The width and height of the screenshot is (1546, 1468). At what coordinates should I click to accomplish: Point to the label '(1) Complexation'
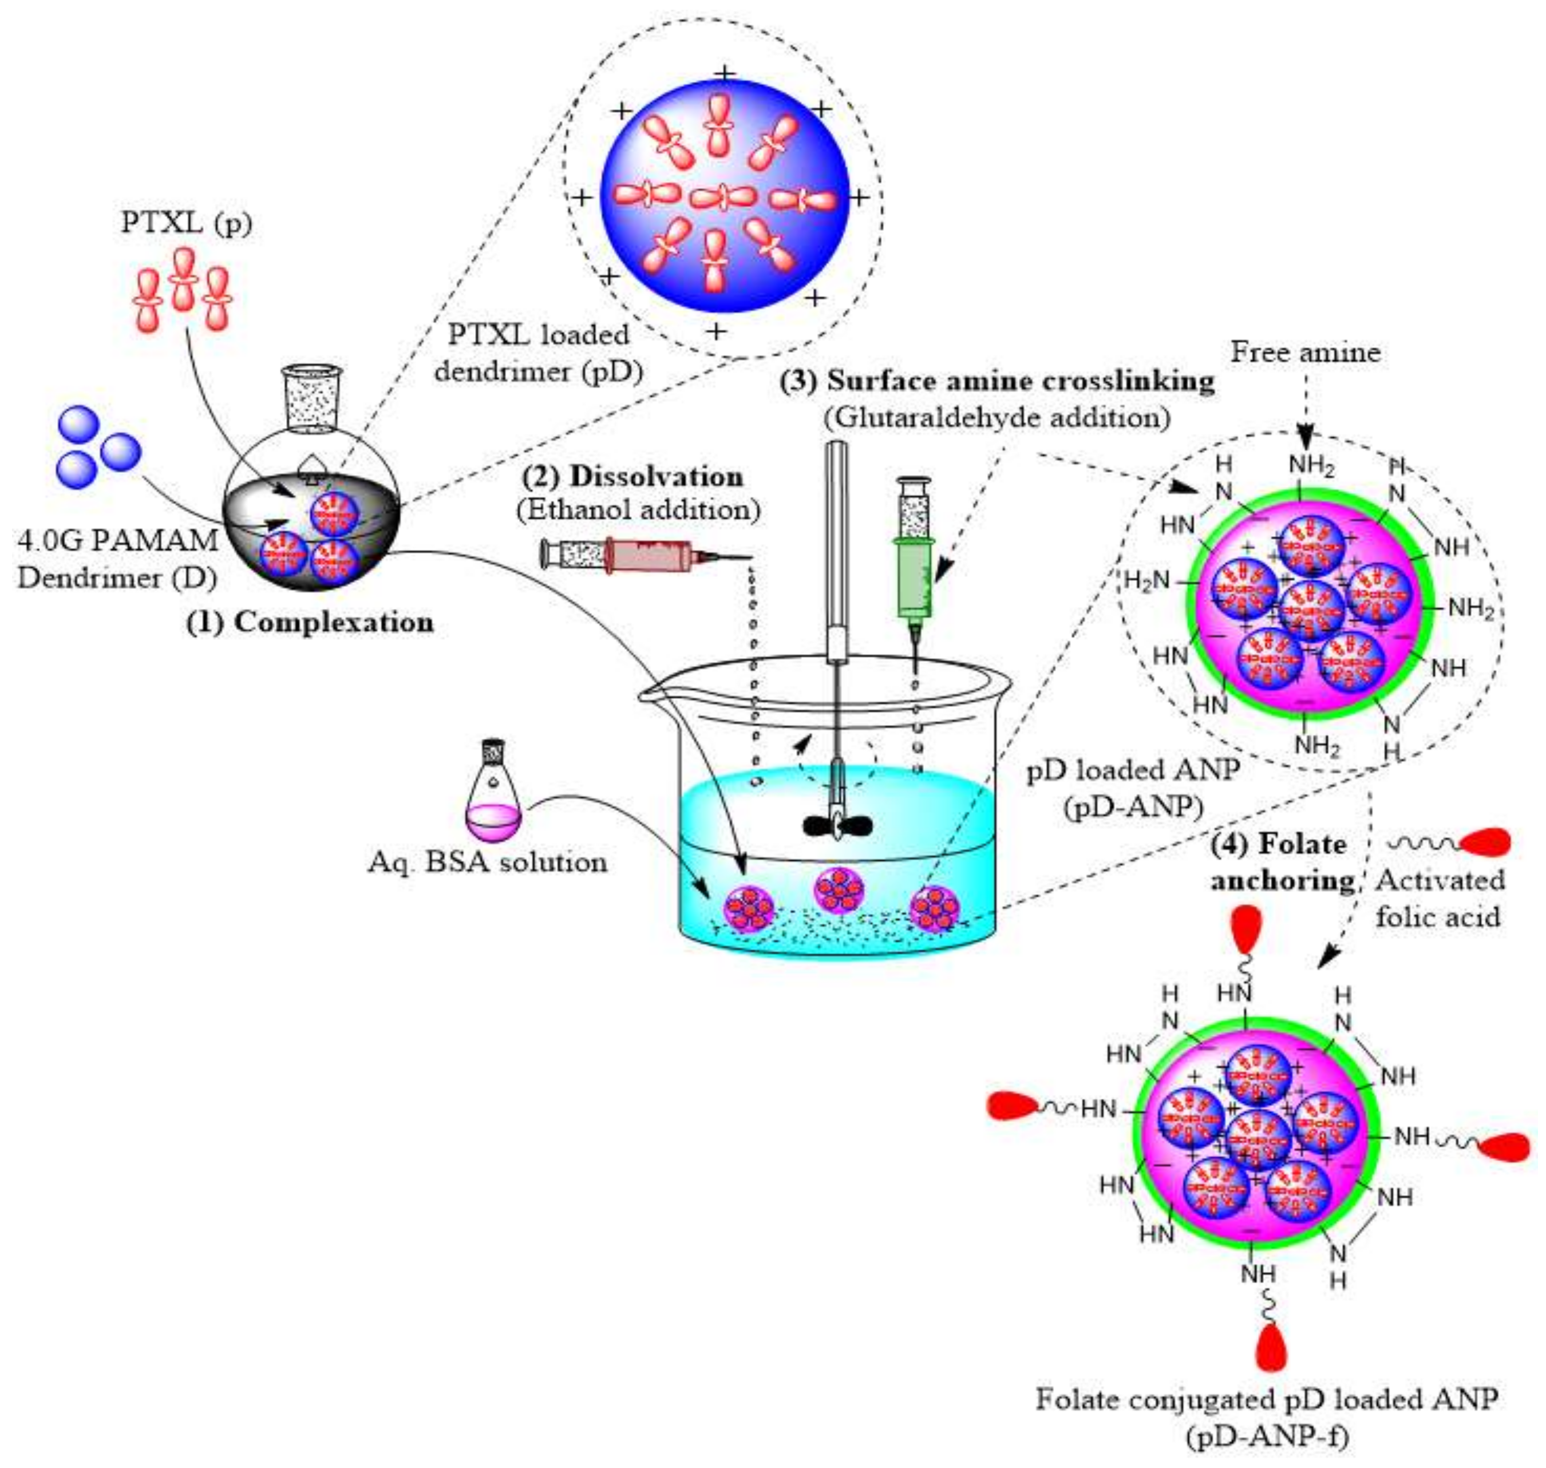tap(309, 622)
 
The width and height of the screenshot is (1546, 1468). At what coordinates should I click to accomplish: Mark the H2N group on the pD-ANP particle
tap(1147, 581)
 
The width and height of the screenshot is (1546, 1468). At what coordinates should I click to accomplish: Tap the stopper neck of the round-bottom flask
tap(311, 399)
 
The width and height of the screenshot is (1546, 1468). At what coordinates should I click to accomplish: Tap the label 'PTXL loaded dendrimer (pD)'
tap(539, 352)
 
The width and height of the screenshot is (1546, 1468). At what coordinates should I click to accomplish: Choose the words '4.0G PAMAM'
tap(117, 540)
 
